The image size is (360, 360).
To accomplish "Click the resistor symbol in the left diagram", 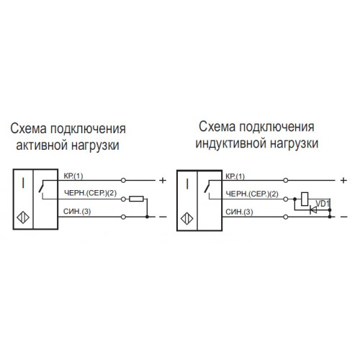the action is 136,199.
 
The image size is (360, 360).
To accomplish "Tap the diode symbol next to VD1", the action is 313,210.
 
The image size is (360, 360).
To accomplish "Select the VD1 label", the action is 323,204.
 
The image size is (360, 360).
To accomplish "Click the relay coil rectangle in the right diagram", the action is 305,199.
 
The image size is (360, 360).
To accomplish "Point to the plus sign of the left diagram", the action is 163,180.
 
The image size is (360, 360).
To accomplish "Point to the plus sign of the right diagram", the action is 343,180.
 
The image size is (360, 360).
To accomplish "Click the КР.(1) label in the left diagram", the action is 73,176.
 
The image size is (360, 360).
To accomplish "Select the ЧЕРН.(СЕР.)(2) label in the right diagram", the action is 252,194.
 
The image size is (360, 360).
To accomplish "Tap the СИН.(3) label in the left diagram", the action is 77,212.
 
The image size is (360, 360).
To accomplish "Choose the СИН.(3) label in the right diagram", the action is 239,212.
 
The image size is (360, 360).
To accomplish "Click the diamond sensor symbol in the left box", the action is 23,218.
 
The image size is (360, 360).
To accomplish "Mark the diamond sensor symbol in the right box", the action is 187,219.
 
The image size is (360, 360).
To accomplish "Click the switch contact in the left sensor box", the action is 42,186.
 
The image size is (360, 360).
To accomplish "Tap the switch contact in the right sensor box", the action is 207,186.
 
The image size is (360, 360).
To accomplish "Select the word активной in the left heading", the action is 41,145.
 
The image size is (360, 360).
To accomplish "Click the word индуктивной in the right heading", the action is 231,143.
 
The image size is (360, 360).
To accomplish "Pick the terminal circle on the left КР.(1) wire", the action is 123,180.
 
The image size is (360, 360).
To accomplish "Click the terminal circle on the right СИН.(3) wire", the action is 286,217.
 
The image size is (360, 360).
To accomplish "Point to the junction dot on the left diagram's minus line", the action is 147,217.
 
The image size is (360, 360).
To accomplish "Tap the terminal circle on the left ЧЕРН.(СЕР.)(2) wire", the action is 123,199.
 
